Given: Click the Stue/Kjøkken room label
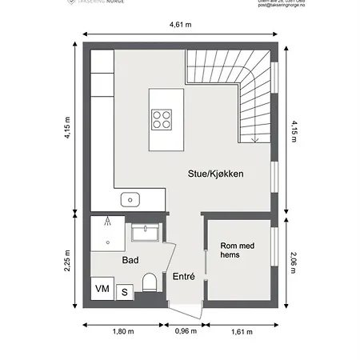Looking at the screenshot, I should click(215, 174).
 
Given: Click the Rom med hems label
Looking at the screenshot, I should click(238, 251).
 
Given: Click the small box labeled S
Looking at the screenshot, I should click(125, 292).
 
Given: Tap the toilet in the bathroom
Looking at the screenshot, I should click(149, 282).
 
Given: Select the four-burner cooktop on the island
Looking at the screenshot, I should click(163, 118).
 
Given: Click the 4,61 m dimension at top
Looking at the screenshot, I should click(182, 25).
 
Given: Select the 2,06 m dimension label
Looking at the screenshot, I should click(293, 258).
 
